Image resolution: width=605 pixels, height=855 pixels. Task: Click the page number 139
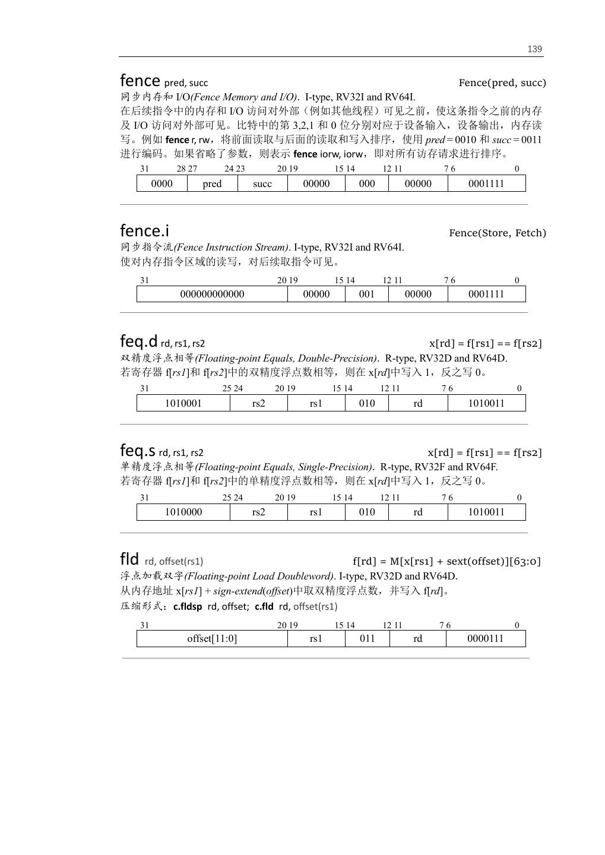(x=534, y=49)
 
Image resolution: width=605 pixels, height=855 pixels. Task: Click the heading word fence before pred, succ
(x=140, y=81)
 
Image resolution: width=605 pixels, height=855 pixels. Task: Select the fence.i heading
(x=144, y=230)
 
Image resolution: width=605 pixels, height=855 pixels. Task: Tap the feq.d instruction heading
(x=139, y=341)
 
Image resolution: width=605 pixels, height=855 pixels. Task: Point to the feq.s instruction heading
(x=138, y=451)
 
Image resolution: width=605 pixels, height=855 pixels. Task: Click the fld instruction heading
(x=129, y=559)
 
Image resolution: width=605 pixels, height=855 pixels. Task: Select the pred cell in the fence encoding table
(x=212, y=183)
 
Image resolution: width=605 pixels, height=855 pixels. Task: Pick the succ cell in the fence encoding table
(x=262, y=183)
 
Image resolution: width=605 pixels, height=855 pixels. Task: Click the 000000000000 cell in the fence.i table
(x=212, y=294)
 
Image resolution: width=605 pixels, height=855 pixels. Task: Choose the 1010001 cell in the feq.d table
(x=183, y=403)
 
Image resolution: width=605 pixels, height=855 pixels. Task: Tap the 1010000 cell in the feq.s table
(x=183, y=512)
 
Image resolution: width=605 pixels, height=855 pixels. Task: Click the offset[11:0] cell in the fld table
(x=212, y=638)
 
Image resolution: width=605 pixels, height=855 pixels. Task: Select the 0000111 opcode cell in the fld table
(x=485, y=638)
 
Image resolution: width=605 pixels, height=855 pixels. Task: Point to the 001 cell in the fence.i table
(x=367, y=294)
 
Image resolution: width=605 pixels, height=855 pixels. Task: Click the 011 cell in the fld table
(x=368, y=638)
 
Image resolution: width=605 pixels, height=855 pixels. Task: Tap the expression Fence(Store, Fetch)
(x=497, y=233)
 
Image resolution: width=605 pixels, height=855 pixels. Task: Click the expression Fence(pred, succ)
(x=502, y=83)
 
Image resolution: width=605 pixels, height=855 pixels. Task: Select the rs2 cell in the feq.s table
(x=258, y=512)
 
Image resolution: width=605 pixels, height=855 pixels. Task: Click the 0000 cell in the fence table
(x=161, y=183)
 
